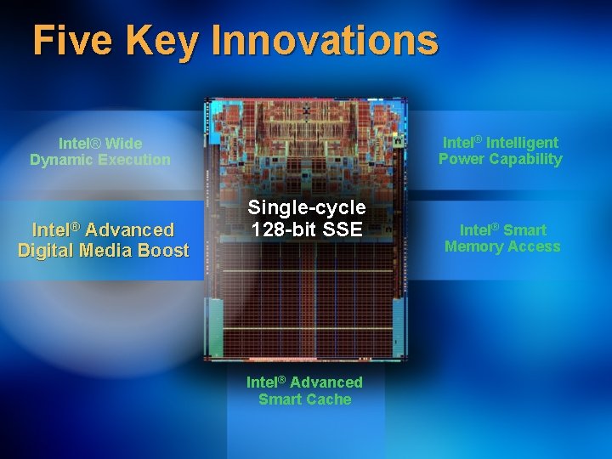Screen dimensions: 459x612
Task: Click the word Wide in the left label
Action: [x=123, y=144]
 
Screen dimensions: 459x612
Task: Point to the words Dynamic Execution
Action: [x=100, y=160]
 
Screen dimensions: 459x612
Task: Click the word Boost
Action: [x=163, y=250]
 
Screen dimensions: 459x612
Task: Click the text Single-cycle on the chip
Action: [x=307, y=207]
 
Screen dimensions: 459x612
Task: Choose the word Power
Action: [x=461, y=159]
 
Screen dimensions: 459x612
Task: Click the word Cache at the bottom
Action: [x=331, y=399]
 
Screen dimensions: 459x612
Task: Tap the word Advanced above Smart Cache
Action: [x=329, y=382]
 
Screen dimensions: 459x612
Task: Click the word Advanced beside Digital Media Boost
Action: [x=127, y=229]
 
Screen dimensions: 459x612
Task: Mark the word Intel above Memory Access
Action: [x=476, y=230]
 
